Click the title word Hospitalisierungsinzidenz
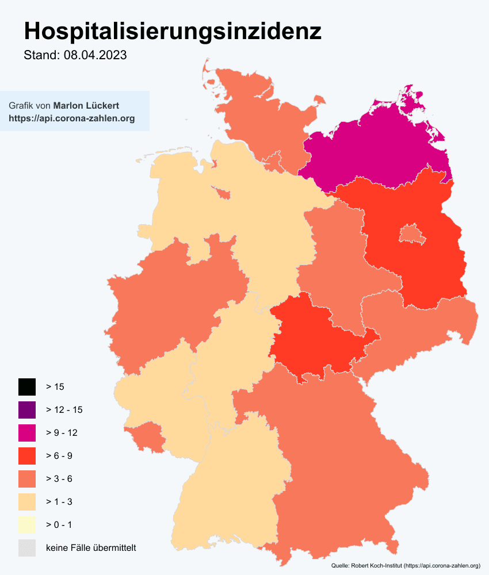coord(172,32)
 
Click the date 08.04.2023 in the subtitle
coord(95,56)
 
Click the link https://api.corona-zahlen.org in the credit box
coord(72,118)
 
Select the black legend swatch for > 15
coord(27,387)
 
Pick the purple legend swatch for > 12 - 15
coord(27,410)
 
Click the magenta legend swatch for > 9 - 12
coord(27,433)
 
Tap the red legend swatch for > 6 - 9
coord(27,456)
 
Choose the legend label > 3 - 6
coord(59,479)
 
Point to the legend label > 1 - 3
coord(59,502)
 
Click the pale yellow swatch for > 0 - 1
coord(27,525)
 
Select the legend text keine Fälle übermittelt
coord(91,548)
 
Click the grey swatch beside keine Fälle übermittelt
coord(27,548)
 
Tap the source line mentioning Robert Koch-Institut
coord(406,566)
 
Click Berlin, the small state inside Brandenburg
coord(412,233)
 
